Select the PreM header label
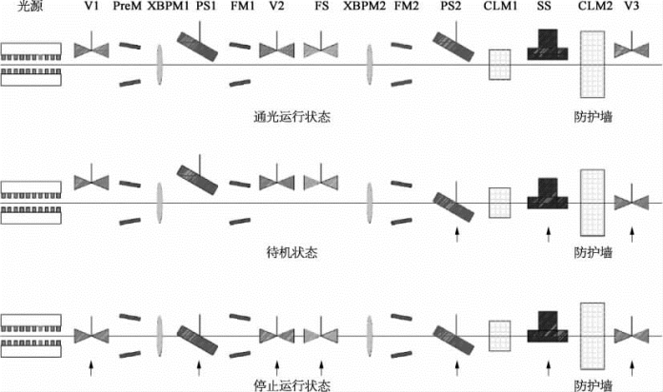coord(129,8)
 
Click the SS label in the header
coord(545,8)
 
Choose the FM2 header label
coord(405,8)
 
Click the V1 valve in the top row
coord(92,47)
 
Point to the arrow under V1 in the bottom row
coord(91,364)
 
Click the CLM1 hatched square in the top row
coord(500,64)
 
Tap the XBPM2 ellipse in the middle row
coord(370,202)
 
